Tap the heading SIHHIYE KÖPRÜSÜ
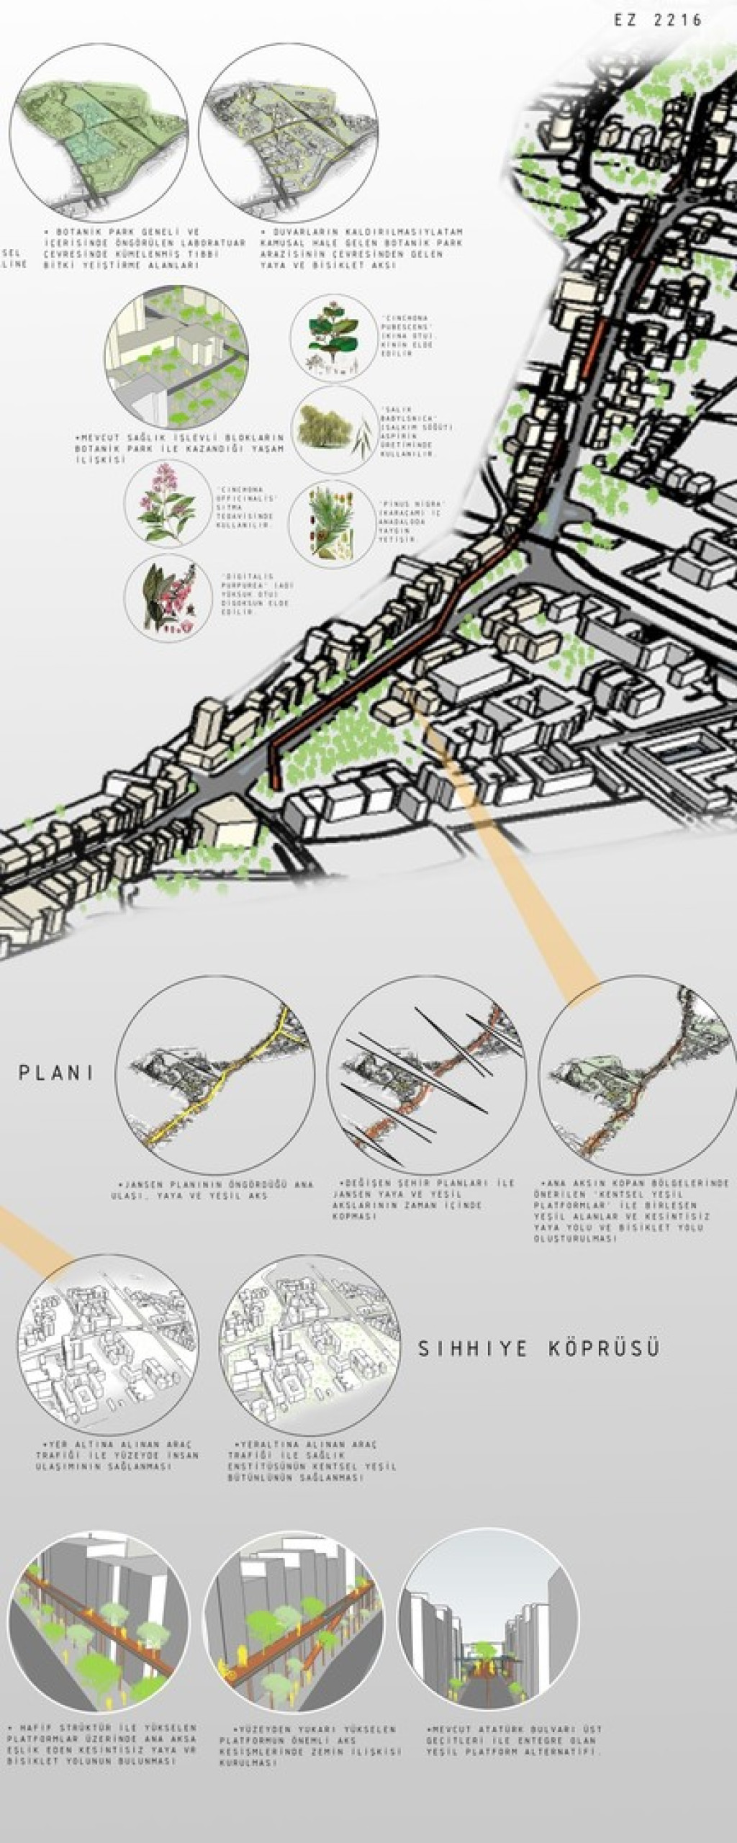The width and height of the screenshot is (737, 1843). (x=539, y=1348)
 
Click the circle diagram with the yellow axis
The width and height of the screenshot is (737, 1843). (x=215, y=1076)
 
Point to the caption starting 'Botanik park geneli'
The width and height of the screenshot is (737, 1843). (x=121, y=248)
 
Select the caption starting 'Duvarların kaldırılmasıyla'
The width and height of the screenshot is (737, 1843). (x=362, y=248)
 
